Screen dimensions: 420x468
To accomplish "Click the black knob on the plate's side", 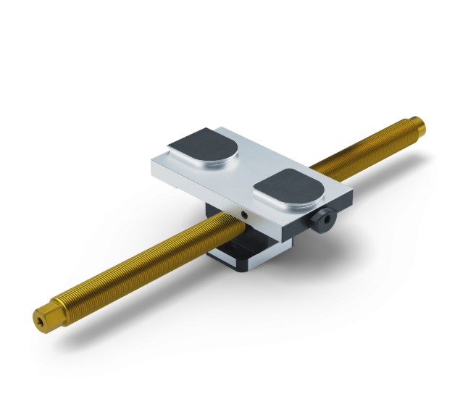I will (323, 218).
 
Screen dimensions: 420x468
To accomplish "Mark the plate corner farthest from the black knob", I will (154, 161).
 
